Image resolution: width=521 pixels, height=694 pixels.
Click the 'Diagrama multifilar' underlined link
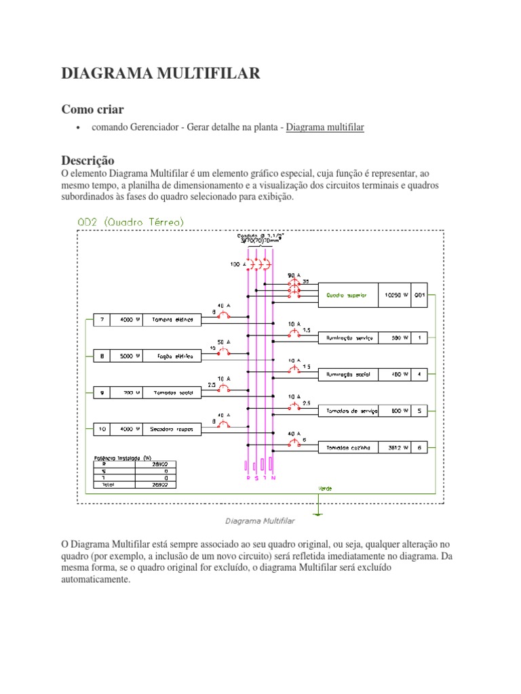pos(325,127)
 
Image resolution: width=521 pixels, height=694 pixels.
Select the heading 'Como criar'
pos(93,109)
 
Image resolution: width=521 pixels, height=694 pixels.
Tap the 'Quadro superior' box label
pos(347,295)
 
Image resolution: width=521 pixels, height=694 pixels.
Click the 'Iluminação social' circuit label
pos(347,373)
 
